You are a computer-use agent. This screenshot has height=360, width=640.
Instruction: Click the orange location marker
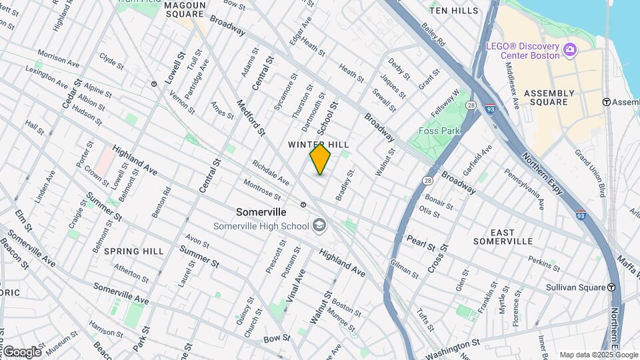pyautogui.click(x=320, y=159)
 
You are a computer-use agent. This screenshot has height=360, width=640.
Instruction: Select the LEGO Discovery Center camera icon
pyautogui.click(x=569, y=49)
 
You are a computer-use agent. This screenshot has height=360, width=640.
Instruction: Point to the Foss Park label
pyautogui.click(x=439, y=131)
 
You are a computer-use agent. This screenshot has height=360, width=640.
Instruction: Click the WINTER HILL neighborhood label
pyautogui.click(x=319, y=145)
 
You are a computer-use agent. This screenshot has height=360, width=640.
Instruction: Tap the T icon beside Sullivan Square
pyautogui.click(x=611, y=288)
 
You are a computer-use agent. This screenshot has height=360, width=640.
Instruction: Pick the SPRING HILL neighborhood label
pyautogui.click(x=134, y=251)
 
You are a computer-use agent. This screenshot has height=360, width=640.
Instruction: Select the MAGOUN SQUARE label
pyautogui.click(x=184, y=9)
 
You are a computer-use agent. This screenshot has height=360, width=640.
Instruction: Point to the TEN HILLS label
pyautogui.click(x=454, y=11)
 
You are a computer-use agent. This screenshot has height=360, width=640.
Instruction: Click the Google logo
pyautogui.click(x=22, y=351)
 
